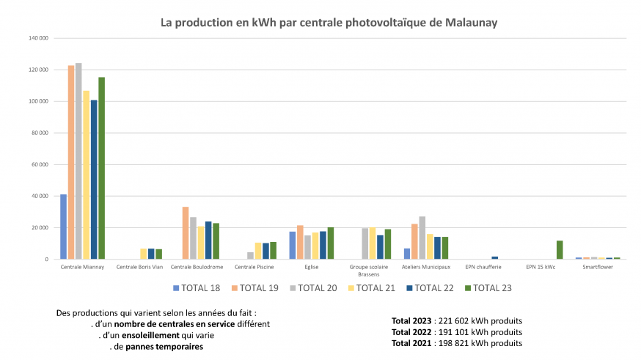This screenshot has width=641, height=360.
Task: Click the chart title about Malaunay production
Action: click(x=329, y=23)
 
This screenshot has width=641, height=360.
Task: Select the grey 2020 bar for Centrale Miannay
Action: click(x=78, y=161)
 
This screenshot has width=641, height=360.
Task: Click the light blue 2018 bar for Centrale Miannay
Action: click(x=63, y=227)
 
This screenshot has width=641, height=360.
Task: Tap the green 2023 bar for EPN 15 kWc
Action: click(x=560, y=250)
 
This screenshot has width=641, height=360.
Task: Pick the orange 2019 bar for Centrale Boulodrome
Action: click(x=186, y=233)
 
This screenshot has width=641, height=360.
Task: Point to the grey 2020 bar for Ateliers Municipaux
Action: click(x=422, y=238)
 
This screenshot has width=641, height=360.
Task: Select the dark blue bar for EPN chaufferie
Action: click(x=495, y=257)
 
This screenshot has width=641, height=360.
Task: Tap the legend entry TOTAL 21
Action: click(x=371, y=288)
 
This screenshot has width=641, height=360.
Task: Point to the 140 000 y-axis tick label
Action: click(x=39, y=37)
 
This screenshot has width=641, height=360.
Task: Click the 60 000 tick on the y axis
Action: click(x=40, y=164)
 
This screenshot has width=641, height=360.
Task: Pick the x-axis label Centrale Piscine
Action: click(x=254, y=267)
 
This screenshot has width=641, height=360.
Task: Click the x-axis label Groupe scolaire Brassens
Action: click(x=369, y=270)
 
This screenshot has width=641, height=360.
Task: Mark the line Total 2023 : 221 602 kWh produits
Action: click(x=457, y=321)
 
